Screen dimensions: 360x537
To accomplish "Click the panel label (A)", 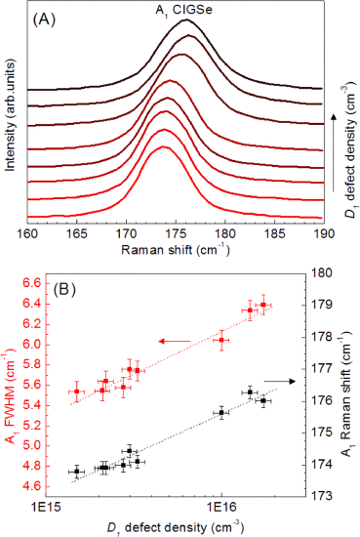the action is click(x=44, y=20).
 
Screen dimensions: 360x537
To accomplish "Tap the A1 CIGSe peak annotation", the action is click(x=183, y=11).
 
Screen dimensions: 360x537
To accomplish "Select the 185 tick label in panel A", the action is click(x=275, y=234).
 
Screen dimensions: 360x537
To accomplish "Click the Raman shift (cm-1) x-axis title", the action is click(x=176, y=250).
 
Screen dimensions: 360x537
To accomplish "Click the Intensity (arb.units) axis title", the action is click(x=11, y=115).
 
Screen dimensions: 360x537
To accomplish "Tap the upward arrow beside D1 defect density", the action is click(x=335, y=153).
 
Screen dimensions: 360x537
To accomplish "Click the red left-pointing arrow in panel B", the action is click(x=175, y=341).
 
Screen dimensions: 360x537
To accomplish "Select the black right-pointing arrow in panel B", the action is click(x=279, y=382).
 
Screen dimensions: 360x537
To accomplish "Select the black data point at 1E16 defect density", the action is click(x=221, y=413).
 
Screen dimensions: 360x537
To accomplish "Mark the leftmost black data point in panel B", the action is click(x=77, y=472).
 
